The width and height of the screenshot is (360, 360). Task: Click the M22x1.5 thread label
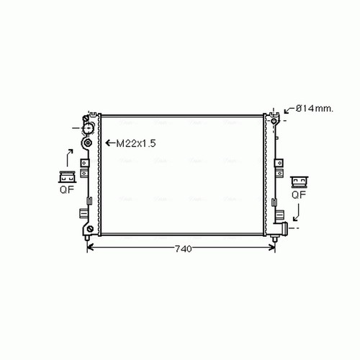coord(136,143)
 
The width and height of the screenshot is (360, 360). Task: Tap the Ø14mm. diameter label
coord(315,109)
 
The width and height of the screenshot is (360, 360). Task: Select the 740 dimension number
coord(184,249)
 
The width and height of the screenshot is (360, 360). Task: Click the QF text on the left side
coord(67,189)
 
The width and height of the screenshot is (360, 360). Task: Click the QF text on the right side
coord(299,194)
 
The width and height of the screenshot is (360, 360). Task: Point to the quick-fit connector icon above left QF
coord(67,177)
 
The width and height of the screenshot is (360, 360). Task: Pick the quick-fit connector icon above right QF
coord(299,182)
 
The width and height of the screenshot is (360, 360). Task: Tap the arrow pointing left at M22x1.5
coord(110,143)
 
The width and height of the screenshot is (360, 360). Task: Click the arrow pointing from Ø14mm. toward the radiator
coord(289,110)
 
